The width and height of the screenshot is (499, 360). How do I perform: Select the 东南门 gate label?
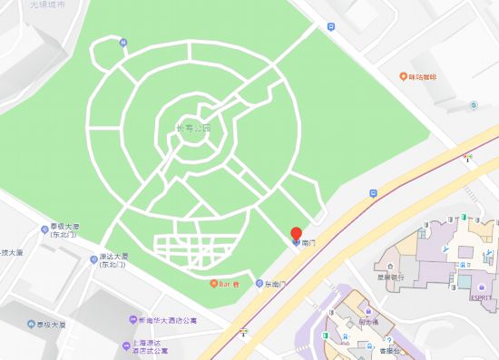point(274,284)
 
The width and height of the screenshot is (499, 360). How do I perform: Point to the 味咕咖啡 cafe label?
point(425,78)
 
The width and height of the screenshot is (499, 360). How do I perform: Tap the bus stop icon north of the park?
point(331,27)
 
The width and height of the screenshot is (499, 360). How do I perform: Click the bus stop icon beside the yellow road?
point(373,193)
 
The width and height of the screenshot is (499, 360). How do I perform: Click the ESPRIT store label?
point(480,297)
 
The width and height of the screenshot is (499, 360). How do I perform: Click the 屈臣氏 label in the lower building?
point(367,319)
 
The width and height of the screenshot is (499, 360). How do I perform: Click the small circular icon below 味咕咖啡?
point(473,105)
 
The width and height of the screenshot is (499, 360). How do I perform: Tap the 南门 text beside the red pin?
point(308,244)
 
